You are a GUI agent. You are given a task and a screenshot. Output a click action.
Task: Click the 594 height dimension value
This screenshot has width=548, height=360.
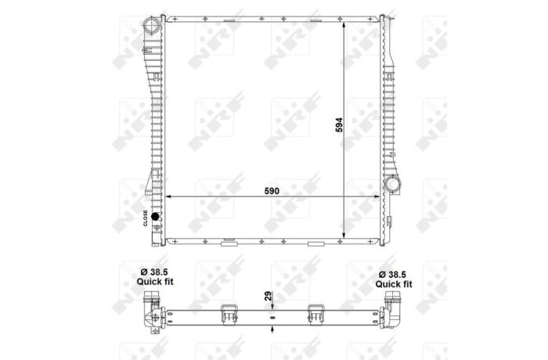pos(339,124)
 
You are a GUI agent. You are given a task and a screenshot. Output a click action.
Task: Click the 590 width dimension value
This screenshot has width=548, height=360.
pos(272,191)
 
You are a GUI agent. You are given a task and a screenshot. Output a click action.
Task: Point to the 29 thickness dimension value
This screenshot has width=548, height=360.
pos(268,297)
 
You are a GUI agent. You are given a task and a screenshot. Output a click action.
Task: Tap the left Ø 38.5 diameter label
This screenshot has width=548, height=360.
pos(154,272)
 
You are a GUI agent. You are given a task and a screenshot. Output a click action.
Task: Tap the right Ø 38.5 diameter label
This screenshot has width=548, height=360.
pos(394,275)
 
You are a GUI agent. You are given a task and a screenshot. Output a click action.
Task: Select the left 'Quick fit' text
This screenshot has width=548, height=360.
pos(154,282)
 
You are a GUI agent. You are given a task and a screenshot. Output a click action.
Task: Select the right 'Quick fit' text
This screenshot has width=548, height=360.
pos(394,284)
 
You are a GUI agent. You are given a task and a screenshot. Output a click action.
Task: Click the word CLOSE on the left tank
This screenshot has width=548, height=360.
pos(146,218)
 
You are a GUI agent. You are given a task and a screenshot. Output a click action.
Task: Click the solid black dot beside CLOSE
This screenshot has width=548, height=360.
pos(155,216)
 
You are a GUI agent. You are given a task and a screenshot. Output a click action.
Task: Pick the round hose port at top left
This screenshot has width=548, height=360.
pos(153,27)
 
